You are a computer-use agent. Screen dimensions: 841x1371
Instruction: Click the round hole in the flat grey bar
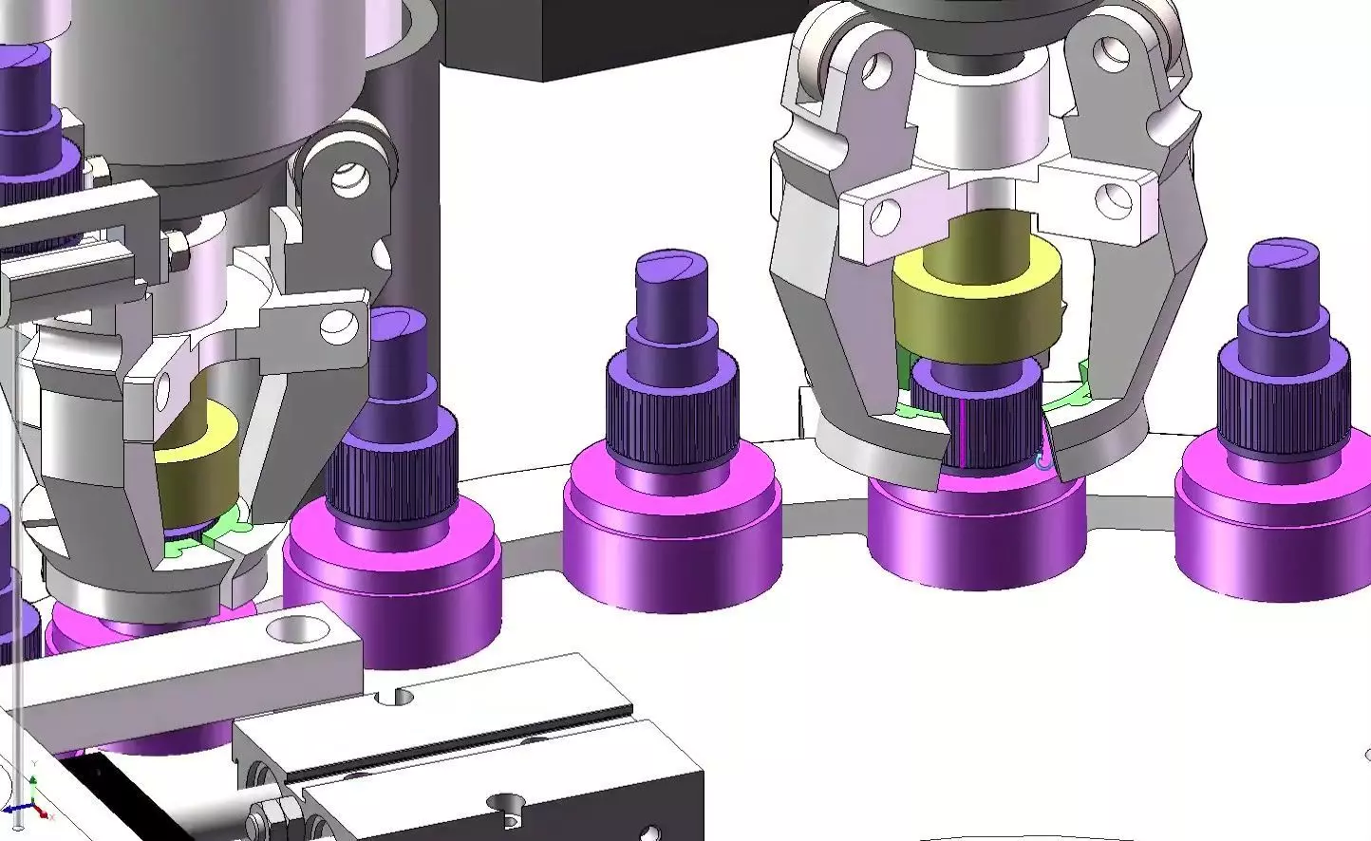[297, 628]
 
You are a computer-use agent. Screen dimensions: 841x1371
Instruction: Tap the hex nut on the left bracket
[176, 252]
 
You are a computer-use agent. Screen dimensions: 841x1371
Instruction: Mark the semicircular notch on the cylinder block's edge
[394, 698]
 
